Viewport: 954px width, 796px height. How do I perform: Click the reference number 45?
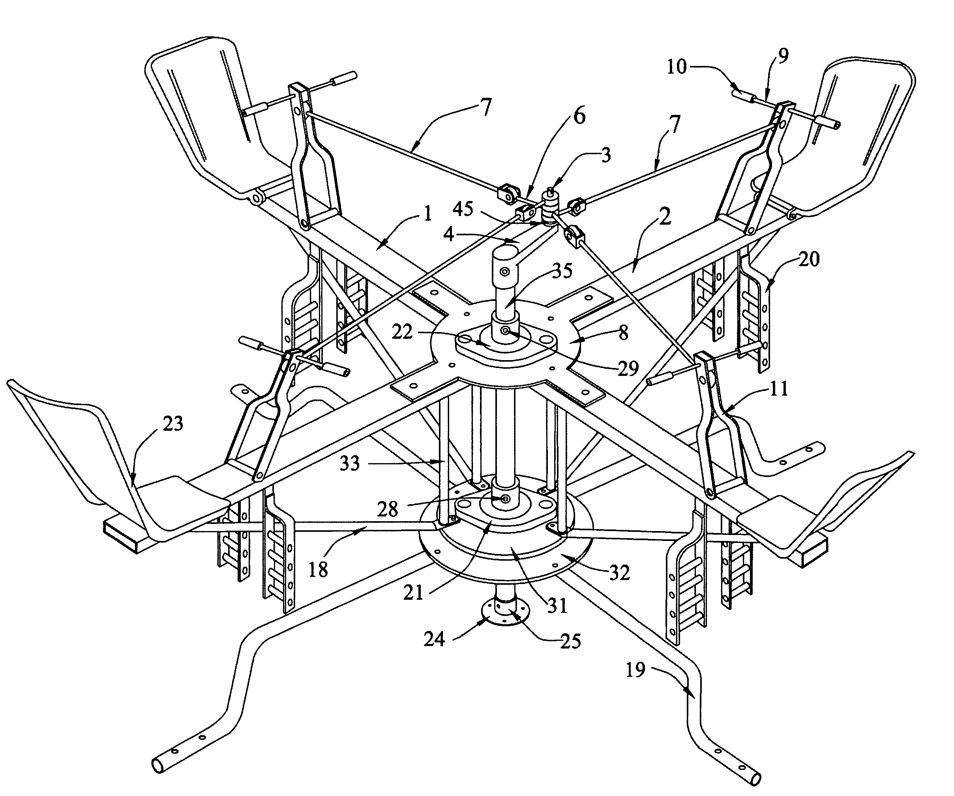pyautogui.click(x=463, y=209)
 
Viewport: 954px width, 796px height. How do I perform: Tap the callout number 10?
pyautogui.click(x=677, y=67)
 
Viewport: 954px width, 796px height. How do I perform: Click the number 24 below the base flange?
pyautogui.click(x=434, y=640)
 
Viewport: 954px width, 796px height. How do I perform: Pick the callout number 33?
pyautogui.click(x=349, y=464)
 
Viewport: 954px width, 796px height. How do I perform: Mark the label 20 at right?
pyautogui.click(x=809, y=259)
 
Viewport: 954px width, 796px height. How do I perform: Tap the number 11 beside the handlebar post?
pyautogui.click(x=778, y=389)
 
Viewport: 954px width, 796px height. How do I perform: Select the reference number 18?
pyautogui.click(x=318, y=570)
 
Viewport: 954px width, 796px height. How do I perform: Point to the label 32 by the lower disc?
pyautogui.click(x=619, y=573)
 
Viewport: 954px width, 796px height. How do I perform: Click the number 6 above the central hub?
pyautogui.click(x=579, y=116)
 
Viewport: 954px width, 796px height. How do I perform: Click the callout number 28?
pyautogui.click(x=388, y=509)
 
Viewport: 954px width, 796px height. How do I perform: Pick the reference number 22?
pyautogui.click(x=402, y=332)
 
